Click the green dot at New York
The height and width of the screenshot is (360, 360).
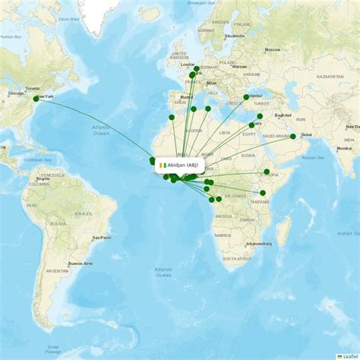36,98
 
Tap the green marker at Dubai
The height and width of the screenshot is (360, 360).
293,137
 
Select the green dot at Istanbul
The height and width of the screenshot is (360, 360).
245,97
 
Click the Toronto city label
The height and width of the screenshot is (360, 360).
32,89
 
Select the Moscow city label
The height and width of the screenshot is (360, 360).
272,50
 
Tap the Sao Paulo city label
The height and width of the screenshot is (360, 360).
101,238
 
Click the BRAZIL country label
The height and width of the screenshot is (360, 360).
84,214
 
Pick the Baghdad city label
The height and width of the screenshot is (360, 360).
283,115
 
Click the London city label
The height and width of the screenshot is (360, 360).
187,65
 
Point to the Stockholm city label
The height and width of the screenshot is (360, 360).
235,36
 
